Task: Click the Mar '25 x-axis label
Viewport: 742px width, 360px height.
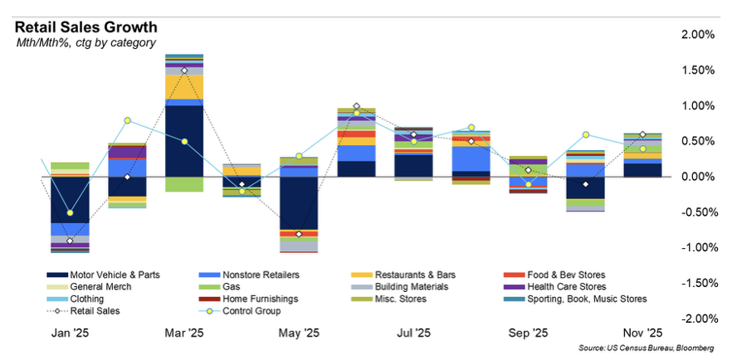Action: pos(183,333)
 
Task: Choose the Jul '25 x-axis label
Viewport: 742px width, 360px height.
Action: pos(414,333)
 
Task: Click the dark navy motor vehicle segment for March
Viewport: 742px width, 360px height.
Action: pos(184,141)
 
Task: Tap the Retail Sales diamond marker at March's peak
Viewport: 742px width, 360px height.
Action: pos(184,71)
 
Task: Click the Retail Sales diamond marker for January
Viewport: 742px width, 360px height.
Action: pos(70,241)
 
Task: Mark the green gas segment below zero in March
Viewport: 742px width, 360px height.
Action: pos(184,184)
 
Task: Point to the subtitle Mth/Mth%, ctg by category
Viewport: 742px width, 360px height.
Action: pos(86,42)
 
